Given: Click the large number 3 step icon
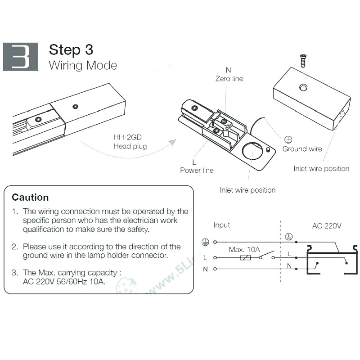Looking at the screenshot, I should point(21,57).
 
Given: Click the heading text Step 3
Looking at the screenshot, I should point(71,49).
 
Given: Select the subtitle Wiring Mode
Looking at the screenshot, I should point(83,65).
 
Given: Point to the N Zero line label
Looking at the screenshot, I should point(229,75).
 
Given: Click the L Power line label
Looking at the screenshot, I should point(197,166).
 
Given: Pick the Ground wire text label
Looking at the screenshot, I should point(302,149).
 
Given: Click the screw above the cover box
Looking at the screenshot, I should point(303,61).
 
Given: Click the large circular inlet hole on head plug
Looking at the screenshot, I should point(253,152).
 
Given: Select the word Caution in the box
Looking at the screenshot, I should point(30,197).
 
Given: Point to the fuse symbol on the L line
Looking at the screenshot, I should point(246,258).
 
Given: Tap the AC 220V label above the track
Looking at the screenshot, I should point(327,225).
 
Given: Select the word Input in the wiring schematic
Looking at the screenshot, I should point(221,225).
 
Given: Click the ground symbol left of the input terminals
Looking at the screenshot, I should point(205,242).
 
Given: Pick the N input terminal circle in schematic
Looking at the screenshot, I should point(216,269).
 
